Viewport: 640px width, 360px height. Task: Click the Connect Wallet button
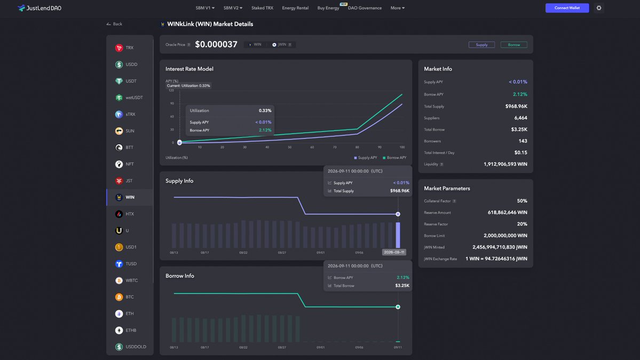point(567,8)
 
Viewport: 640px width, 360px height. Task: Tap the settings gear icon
point(599,8)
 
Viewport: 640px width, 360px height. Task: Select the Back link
point(114,24)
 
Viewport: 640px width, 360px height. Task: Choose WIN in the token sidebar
point(130,198)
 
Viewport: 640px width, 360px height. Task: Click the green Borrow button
point(514,44)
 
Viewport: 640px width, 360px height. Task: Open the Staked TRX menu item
point(262,8)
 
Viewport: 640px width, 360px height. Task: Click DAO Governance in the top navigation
point(365,8)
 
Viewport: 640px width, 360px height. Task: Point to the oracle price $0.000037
point(216,44)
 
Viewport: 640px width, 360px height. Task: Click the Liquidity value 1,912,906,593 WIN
point(505,165)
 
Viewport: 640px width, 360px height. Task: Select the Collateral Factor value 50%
point(522,201)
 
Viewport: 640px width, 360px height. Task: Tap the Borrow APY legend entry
point(394,158)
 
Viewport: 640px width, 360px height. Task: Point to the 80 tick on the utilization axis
point(357,147)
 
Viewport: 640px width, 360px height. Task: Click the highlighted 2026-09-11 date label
point(394,252)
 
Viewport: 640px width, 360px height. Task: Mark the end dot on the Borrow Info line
point(398,307)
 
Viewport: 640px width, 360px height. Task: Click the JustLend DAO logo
point(39,8)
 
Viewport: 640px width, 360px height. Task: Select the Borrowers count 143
point(523,141)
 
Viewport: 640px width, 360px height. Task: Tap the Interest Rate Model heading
point(189,69)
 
